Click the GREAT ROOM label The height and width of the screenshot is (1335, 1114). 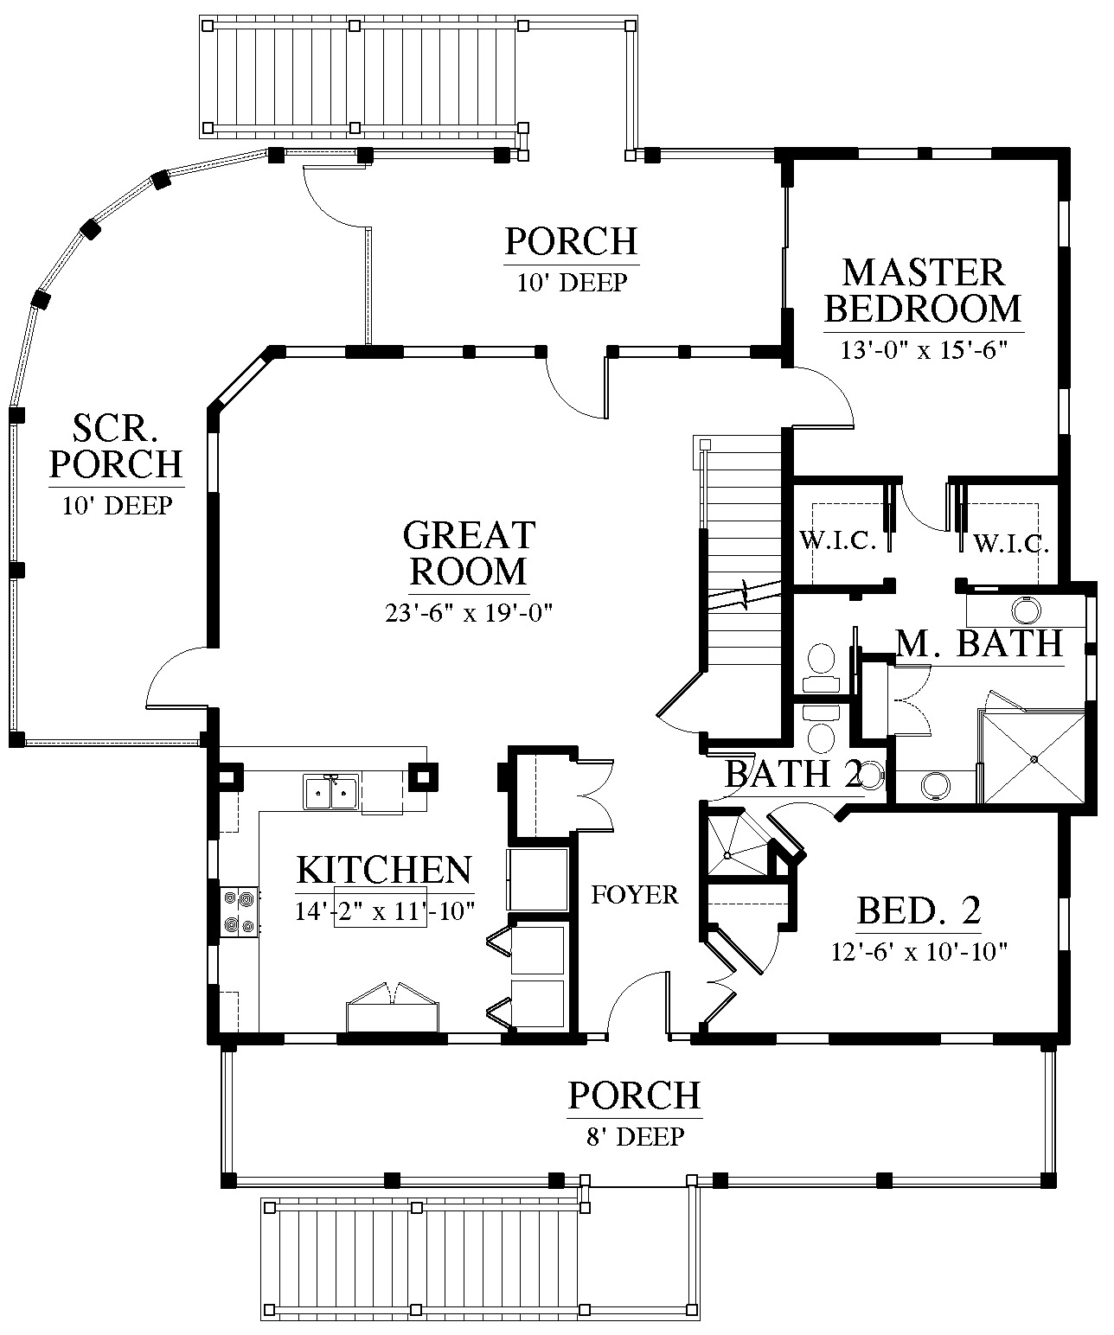469,553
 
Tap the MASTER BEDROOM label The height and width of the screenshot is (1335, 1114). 923,291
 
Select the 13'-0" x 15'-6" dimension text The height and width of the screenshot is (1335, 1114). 924,350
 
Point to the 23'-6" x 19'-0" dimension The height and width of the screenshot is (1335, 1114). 468,612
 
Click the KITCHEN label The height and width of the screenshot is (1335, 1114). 384,869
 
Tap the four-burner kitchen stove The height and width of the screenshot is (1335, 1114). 240,911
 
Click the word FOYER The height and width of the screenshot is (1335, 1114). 634,895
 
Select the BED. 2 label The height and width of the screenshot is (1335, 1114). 919,910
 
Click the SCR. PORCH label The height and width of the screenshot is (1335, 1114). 116,445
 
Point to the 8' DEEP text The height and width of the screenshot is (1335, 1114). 636,1137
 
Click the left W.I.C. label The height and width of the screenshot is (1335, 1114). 838,541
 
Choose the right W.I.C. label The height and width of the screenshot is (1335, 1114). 1011,544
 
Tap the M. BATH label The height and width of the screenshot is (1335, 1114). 979,643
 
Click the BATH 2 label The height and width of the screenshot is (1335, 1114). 794,774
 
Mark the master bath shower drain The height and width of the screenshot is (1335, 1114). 1034,759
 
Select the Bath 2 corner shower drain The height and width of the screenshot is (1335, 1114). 727,855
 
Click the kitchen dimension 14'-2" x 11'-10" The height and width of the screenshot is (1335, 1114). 384,910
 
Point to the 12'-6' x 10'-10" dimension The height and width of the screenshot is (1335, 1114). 919,952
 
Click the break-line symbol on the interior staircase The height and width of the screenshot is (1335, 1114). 745,596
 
